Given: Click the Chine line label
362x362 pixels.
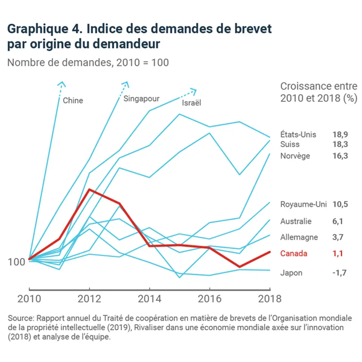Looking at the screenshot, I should pos(73,101).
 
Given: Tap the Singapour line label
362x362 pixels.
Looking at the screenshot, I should pos(141,99).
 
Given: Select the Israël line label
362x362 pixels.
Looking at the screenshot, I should pos(192,103).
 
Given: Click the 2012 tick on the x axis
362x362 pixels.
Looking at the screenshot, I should pos(89,299).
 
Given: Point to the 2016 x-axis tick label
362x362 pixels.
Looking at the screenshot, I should pos(210,299).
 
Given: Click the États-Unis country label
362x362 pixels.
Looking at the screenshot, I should pos(298,135).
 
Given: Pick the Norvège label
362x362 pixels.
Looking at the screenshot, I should pos(295,156).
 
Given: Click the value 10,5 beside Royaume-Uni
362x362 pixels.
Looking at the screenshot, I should pos(340,204).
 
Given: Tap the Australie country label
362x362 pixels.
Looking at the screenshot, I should pos(296,221).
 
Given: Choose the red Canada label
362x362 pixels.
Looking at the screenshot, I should pos(293,253).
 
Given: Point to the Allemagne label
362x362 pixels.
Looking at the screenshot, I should pos(299,237).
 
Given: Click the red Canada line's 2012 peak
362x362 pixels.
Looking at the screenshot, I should pos(89,189).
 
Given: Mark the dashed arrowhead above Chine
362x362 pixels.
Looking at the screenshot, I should pos(63,83).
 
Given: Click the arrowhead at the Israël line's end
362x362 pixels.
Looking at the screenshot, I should pos(194,91).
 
